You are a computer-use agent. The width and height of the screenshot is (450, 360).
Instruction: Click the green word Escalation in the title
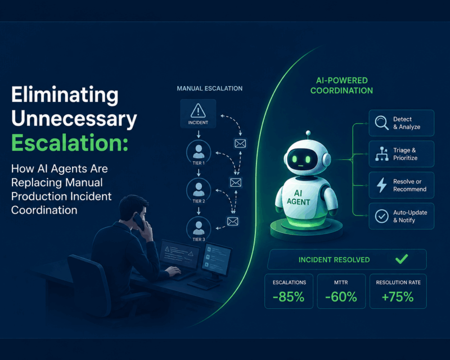[69, 143]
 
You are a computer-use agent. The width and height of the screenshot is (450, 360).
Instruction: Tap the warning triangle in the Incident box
[198, 111]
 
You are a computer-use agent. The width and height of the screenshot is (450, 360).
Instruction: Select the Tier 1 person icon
[199, 151]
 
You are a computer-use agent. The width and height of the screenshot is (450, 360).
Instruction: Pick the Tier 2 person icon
[199, 190]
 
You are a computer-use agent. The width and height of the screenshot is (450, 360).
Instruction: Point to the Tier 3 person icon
[199, 228]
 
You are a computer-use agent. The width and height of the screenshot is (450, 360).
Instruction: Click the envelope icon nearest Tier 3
[232, 221]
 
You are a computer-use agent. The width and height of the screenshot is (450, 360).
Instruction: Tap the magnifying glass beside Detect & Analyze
[382, 123]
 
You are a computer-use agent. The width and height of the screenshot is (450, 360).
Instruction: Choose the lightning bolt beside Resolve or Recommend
[381, 185]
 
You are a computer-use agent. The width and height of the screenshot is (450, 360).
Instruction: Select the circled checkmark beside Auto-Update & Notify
[382, 216]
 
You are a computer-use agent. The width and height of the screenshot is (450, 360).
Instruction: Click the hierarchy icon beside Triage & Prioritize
[382, 154]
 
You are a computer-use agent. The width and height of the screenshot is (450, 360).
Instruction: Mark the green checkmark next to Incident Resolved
[402, 259]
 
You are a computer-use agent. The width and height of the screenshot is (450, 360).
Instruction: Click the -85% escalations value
[289, 296]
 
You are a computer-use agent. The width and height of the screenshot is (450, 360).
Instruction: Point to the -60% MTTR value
[341, 296]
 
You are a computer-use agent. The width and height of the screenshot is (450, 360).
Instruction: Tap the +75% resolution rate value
[398, 296]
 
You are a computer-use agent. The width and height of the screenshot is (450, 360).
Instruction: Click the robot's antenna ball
[308, 133]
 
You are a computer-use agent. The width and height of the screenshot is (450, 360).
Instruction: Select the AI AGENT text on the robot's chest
[299, 197]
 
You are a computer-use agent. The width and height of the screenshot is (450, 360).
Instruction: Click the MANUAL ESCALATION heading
[209, 88]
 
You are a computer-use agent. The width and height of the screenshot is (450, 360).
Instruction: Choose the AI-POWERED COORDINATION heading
[341, 85]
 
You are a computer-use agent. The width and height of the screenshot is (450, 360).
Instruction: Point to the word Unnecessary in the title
[74, 118]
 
